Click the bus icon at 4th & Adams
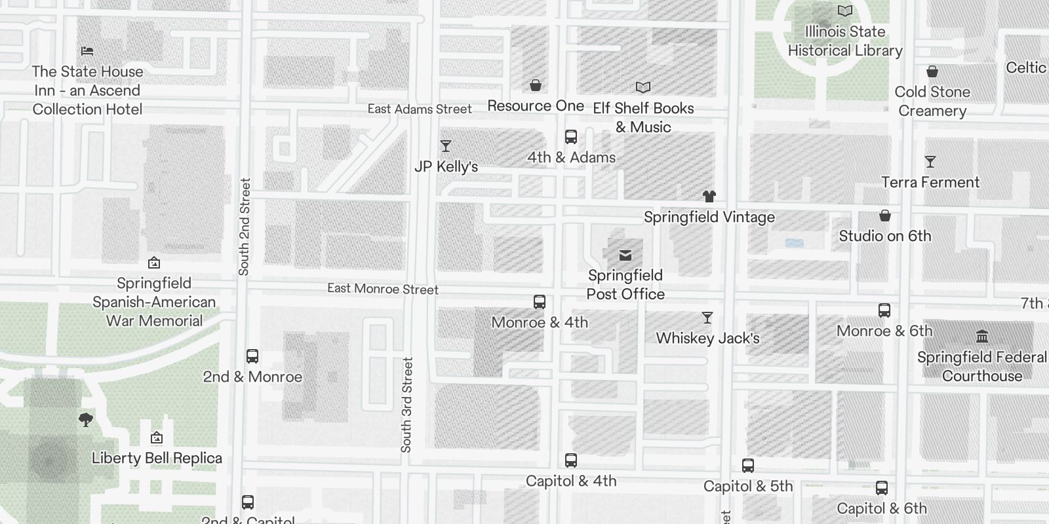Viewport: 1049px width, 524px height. point(571,137)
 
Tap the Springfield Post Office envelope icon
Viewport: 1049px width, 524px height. point(625,255)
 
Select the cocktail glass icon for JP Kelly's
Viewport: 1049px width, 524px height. point(446,146)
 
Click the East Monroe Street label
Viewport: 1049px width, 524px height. point(383,289)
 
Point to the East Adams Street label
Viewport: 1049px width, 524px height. point(420,109)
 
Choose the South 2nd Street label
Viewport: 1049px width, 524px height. point(245,227)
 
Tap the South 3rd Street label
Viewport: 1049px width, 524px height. point(406,405)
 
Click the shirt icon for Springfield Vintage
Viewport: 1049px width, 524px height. point(709,196)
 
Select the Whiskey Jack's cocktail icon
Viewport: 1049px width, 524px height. point(707,318)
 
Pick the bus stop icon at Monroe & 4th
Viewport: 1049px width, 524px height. point(540,301)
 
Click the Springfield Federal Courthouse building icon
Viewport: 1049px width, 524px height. point(982,337)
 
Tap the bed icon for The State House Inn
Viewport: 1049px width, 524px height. point(87,50)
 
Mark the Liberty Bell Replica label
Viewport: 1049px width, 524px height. point(157,458)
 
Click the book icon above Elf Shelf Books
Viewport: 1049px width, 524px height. point(643,87)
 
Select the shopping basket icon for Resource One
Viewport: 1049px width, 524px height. point(536,85)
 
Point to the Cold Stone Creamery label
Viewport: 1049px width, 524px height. point(932,101)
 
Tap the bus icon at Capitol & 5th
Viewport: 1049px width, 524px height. point(748,466)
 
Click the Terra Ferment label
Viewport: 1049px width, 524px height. point(930,182)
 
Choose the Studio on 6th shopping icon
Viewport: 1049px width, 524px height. point(885,215)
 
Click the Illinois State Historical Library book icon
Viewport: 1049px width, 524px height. point(845,10)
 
